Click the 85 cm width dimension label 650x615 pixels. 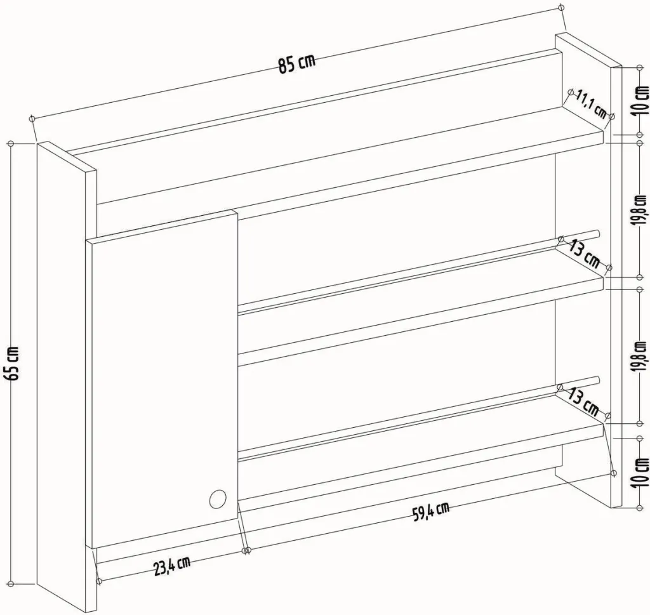pos(296,63)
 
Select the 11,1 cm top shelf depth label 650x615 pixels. pos(592,104)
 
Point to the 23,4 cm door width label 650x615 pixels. pos(172,566)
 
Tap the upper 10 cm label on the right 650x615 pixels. pos(642,100)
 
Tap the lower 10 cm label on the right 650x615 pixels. pos(642,471)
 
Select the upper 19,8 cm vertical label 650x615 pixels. pos(642,210)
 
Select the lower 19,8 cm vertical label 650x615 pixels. pos(642,357)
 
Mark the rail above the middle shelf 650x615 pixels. pos(419,272)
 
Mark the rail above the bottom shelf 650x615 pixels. pos(419,418)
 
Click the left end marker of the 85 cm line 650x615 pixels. pos(32,119)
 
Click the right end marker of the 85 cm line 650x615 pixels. pos(561,8)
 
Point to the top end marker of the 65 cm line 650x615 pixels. pos(11,143)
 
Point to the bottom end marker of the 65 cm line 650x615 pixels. pos(11,585)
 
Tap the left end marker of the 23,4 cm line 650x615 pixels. pos(98,581)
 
